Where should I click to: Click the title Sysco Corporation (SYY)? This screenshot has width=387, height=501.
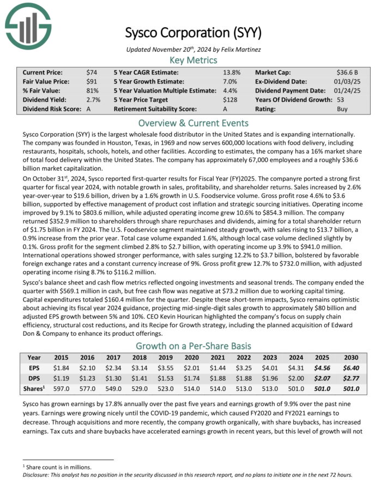tap(194, 33)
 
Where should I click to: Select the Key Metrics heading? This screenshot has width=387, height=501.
tap(194, 60)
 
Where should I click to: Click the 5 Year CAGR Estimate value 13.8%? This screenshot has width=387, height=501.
tap(231, 72)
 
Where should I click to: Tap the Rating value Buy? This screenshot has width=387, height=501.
tap(343, 109)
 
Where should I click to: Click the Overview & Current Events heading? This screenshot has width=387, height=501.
tap(194, 123)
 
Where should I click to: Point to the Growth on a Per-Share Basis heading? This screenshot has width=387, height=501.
tap(194, 346)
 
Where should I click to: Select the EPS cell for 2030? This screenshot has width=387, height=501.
tap(351, 367)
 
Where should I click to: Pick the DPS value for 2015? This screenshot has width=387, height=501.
tap(62, 377)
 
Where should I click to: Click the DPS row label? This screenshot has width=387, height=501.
tap(34, 377)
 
